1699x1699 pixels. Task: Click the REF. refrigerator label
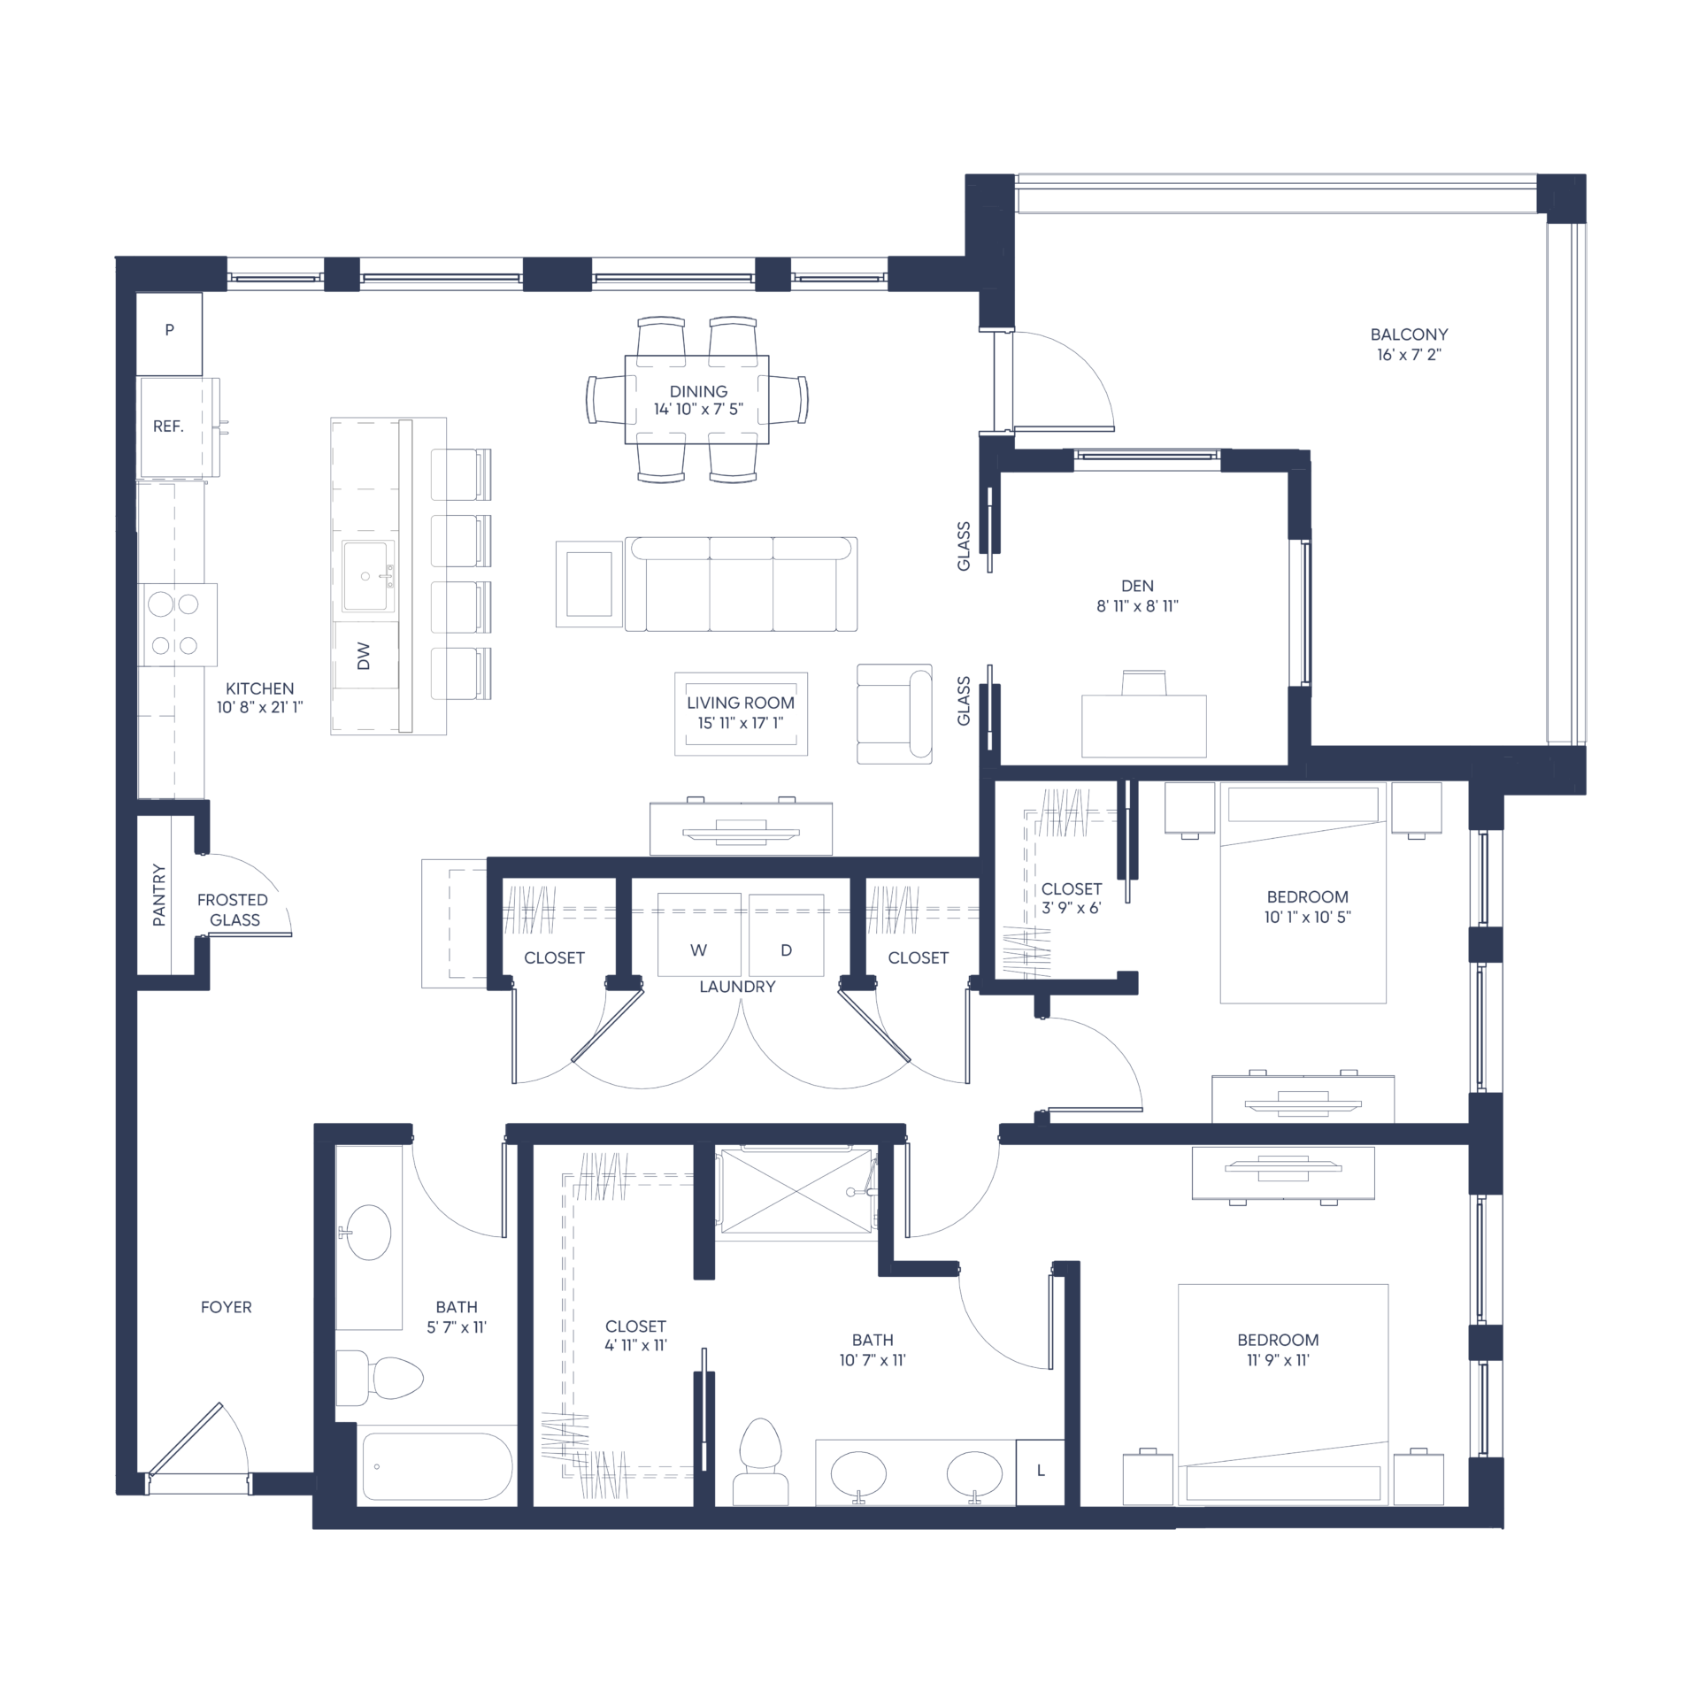coord(168,427)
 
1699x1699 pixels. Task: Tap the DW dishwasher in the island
coord(366,656)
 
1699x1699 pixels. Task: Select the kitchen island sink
coord(367,576)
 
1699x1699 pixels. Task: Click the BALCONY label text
coord(1409,334)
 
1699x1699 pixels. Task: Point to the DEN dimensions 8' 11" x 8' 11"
coord(1137,606)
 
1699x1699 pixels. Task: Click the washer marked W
coord(699,934)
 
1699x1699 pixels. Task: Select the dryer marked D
coord(786,934)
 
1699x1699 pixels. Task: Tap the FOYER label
coord(226,1307)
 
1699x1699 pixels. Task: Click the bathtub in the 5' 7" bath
coord(437,1466)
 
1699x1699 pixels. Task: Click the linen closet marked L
coord(1041,1472)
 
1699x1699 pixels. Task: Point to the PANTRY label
coord(159,895)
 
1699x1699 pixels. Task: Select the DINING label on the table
coord(698,391)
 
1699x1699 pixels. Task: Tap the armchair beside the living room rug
coord(894,713)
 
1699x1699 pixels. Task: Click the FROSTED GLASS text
coord(233,910)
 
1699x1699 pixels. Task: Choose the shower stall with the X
coord(796,1191)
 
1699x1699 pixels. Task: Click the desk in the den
coord(1143,726)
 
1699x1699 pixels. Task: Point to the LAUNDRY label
coord(737,987)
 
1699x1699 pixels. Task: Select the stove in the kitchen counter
coord(178,625)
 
